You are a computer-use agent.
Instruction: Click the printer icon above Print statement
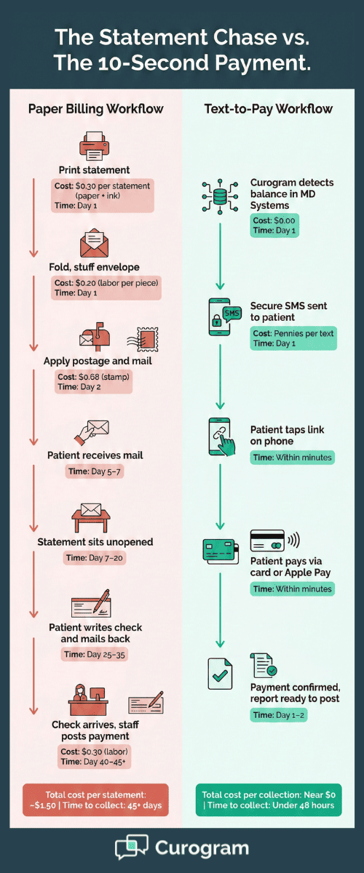(x=95, y=145)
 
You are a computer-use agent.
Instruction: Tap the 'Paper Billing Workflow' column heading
(x=95, y=109)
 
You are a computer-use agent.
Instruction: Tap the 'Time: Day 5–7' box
(x=95, y=472)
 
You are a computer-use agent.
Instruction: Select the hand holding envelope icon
(x=92, y=432)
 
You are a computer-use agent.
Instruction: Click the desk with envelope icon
(x=92, y=518)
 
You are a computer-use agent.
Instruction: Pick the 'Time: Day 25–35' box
(x=95, y=654)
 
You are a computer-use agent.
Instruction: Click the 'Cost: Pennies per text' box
(x=293, y=338)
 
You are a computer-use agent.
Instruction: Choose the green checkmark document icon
(x=219, y=674)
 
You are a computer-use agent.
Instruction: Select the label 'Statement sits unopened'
(x=95, y=543)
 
